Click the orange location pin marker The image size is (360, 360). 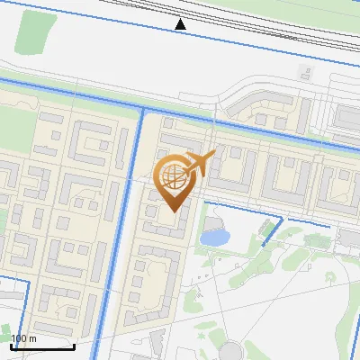[x=175, y=180]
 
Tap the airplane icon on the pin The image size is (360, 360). [x=199, y=163]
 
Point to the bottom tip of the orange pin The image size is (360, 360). [x=175, y=212]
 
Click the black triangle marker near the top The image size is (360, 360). [x=181, y=24]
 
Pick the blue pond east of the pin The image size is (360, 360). [x=215, y=238]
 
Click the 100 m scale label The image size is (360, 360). [x=24, y=338]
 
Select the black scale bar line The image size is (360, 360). [x=42, y=346]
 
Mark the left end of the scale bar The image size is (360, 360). [x=12, y=346]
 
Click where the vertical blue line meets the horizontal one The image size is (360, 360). [x=143, y=107]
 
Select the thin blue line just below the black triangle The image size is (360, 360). [x=181, y=35]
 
